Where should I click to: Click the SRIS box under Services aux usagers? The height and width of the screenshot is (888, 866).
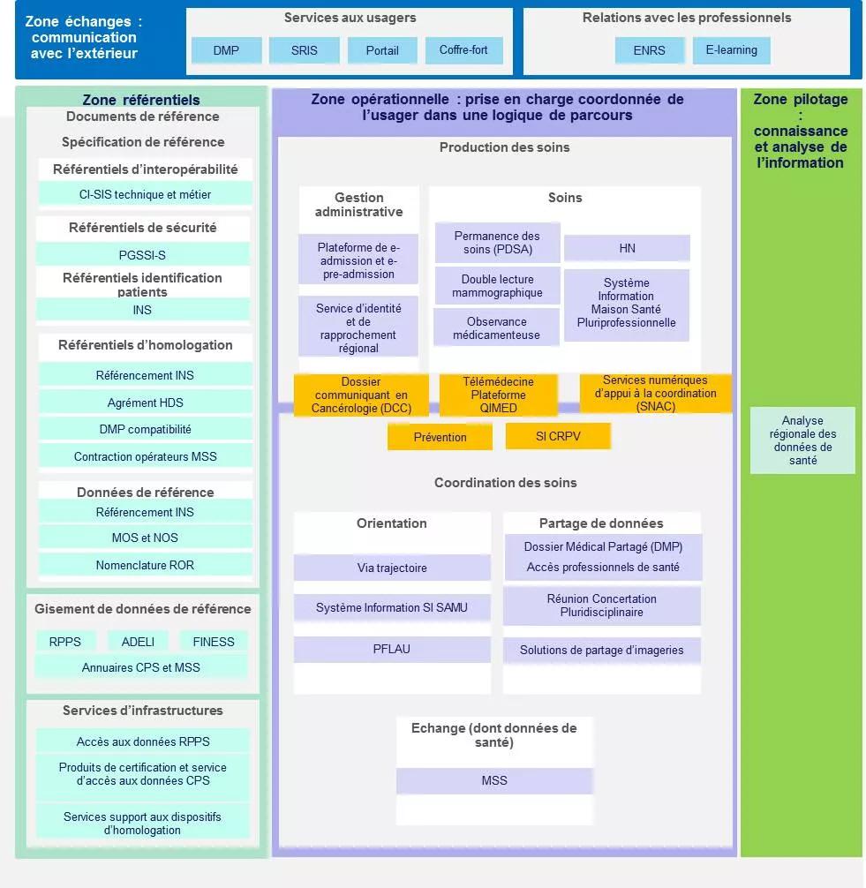point(304,50)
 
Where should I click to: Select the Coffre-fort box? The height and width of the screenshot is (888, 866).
point(463,50)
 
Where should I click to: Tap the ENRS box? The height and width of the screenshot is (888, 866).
point(649,50)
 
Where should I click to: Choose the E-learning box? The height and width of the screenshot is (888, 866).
point(731,50)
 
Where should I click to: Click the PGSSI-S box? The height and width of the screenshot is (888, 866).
point(142,255)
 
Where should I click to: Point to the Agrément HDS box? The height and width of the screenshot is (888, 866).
point(145,403)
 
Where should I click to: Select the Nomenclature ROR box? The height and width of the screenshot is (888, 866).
point(145,565)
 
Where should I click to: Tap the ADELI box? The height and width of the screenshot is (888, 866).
point(138,642)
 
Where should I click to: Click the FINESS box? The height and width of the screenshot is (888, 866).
point(213,642)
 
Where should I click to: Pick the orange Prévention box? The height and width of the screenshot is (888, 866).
point(440,437)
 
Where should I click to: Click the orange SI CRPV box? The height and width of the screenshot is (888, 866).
point(557,436)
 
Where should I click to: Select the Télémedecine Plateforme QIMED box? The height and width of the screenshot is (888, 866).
point(498,395)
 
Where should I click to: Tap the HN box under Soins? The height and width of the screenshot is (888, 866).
point(627,248)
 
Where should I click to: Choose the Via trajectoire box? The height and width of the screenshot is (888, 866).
point(392,568)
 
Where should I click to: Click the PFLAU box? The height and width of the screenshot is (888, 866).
point(392,649)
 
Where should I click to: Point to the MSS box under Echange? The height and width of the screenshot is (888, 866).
point(493,780)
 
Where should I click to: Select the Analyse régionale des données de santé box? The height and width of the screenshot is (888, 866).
point(802,440)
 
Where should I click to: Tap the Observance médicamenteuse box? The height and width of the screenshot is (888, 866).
point(496,327)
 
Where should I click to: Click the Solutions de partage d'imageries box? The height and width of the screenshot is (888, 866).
point(601,651)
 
